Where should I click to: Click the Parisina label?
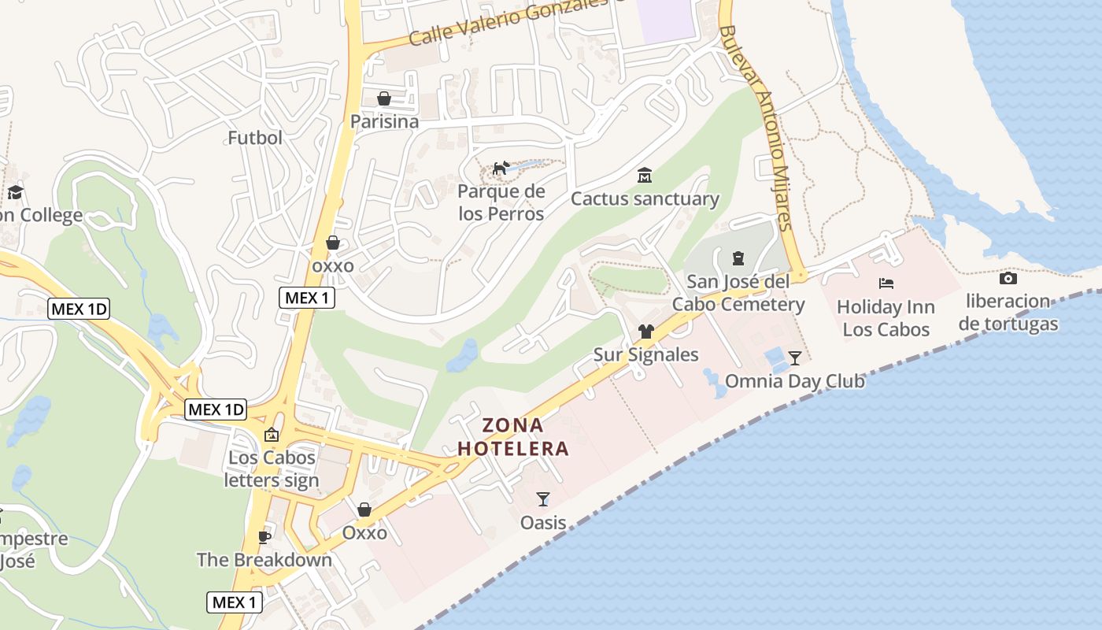click(x=384, y=122)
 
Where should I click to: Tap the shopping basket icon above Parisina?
click(x=384, y=98)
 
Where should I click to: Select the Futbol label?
click(x=254, y=138)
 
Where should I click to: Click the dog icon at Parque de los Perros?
click(x=501, y=168)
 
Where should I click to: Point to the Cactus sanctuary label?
click(x=645, y=198)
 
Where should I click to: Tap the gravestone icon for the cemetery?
click(x=738, y=258)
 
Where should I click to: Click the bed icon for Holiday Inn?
click(x=886, y=283)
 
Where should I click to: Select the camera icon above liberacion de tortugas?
click(x=1008, y=278)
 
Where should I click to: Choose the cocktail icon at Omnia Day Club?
click(x=795, y=358)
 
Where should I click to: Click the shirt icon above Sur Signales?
click(x=645, y=332)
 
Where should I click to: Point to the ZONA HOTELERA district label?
click(x=513, y=437)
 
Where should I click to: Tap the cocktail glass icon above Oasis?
click(x=543, y=498)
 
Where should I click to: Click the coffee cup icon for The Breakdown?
click(x=264, y=537)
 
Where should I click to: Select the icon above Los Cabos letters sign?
click(x=272, y=434)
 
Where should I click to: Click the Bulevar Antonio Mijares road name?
click(x=756, y=130)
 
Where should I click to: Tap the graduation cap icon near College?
click(x=15, y=192)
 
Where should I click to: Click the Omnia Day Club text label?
click(x=794, y=382)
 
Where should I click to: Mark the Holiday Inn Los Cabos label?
click(x=886, y=318)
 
